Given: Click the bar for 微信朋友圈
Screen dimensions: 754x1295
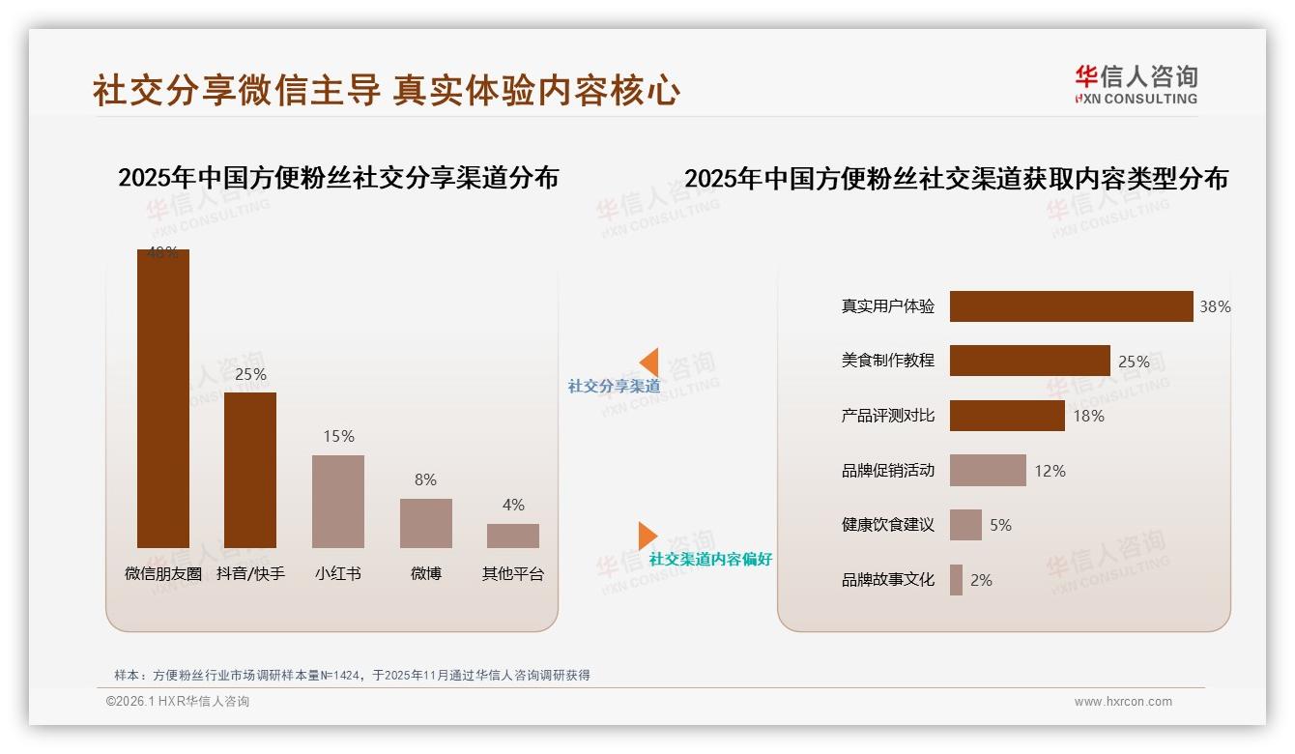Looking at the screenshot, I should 162,398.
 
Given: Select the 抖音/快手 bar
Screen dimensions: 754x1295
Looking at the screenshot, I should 250,470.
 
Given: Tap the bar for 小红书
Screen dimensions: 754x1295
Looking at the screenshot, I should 338,502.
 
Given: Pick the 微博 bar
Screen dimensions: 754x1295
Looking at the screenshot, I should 425,523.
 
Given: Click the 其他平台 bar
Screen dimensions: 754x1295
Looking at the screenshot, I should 513,536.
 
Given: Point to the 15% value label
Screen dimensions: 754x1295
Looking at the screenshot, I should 338,436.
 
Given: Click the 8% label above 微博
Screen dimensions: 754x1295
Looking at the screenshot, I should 425,479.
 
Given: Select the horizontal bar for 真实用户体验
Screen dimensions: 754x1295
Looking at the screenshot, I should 1071,306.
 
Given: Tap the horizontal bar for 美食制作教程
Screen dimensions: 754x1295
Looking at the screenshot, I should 1029,361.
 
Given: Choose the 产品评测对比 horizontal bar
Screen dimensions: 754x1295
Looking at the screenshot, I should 1007,416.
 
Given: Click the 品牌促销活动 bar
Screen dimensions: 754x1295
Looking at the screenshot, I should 988,471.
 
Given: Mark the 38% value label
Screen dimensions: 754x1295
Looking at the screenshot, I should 1215,306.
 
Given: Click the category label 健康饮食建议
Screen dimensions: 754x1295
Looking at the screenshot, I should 887,525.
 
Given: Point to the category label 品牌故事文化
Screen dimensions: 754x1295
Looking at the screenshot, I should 887,580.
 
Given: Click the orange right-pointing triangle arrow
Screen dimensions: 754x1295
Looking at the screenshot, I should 647,536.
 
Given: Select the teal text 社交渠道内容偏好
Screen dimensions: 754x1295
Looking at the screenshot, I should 710,559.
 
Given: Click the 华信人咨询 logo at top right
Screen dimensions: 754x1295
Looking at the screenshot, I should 1136,84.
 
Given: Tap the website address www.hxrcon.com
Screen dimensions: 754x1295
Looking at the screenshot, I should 1123,702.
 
